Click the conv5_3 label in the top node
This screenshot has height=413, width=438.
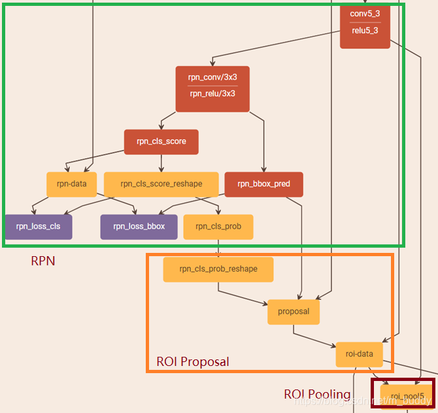[364, 14]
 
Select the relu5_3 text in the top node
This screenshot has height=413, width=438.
[364, 31]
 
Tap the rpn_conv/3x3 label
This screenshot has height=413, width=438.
[212, 77]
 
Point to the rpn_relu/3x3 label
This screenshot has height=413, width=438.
[212, 93]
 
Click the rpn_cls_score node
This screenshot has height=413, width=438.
[161, 141]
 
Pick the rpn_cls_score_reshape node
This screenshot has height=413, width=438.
[161, 184]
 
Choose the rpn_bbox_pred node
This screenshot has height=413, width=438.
[263, 184]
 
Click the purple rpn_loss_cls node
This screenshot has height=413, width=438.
[38, 226]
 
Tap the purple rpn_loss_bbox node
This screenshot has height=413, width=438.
[139, 226]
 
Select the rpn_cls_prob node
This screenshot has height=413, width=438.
[218, 226]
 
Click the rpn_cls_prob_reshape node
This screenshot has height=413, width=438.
[218, 269]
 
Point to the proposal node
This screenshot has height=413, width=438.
[294, 312]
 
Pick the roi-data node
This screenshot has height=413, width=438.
[359, 354]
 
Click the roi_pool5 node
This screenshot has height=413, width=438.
[403, 396]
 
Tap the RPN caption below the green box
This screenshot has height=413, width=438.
[43, 261]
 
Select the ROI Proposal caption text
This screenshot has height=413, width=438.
[193, 361]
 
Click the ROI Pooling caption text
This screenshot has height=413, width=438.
[316, 395]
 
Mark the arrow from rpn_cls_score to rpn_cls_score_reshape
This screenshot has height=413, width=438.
[161, 163]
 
